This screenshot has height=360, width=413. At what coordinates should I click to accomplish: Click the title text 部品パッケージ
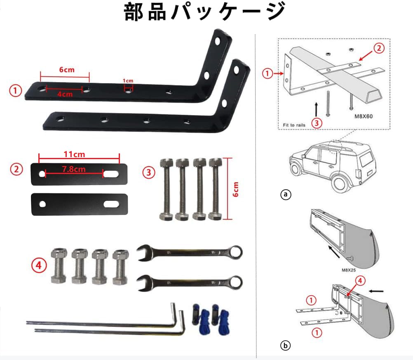pyautogui.click(x=205, y=12)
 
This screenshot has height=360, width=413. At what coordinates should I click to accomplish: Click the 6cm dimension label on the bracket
pyautogui.click(x=66, y=70)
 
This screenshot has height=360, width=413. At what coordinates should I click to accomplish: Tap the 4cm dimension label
pyautogui.click(x=65, y=94)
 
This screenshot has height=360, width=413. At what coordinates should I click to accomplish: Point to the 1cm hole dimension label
pyautogui.click(x=129, y=80)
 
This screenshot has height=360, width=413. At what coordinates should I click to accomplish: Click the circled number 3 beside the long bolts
pyautogui.click(x=149, y=172)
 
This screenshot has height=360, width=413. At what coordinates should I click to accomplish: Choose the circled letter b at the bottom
pyautogui.click(x=285, y=346)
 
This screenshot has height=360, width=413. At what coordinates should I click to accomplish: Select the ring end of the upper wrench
pyautogui.click(x=235, y=251)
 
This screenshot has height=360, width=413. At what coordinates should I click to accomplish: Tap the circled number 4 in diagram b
pyautogui.click(x=359, y=281)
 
